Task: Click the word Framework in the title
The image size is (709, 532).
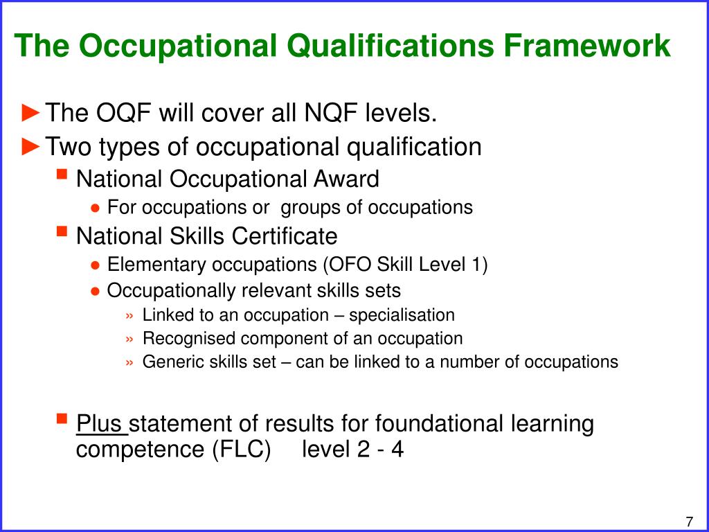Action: coord(587,46)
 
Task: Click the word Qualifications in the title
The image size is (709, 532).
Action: coord(391,46)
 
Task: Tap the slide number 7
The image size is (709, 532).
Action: coord(690,521)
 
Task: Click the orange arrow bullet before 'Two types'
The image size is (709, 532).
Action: coord(31,146)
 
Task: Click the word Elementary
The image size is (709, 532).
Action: coord(157,265)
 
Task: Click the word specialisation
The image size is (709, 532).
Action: coord(402,315)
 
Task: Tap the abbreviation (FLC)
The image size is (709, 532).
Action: coord(242,450)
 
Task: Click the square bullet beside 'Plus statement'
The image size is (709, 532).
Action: coord(62,418)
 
